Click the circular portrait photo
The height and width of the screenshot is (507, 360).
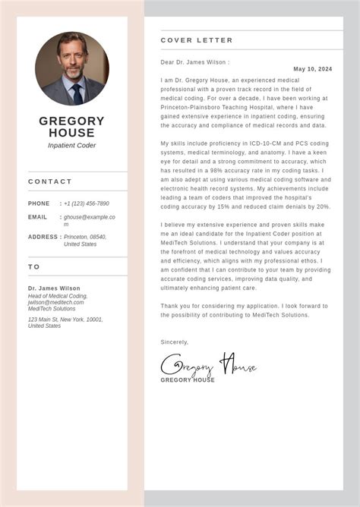click(72, 68)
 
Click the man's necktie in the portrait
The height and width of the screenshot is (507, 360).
click(77, 93)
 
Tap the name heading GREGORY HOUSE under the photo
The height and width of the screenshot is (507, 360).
click(72, 127)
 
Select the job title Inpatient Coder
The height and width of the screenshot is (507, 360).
click(72, 146)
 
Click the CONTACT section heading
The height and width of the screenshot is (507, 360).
click(50, 182)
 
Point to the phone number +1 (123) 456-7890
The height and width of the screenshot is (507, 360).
click(87, 203)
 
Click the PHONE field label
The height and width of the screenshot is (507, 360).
click(39, 203)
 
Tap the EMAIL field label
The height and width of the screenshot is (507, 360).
click(38, 217)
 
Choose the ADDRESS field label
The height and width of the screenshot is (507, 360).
click(43, 237)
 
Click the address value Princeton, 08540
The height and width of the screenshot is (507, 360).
click(85, 237)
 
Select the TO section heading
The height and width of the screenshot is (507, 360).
click(34, 267)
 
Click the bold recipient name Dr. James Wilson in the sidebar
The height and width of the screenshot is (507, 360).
click(54, 288)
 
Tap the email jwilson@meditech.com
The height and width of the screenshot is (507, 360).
click(56, 302)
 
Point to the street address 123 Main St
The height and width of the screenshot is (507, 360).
click(65, 320)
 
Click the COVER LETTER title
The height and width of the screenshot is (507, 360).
click(197, 40)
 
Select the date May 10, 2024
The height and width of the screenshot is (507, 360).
click(312, 69)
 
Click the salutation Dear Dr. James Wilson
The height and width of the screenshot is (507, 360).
click(194, 62)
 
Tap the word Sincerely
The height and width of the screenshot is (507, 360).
click(175, 342)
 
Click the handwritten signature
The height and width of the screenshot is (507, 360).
click(208, 365)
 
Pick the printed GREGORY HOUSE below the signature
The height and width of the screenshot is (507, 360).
click(188, 380)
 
